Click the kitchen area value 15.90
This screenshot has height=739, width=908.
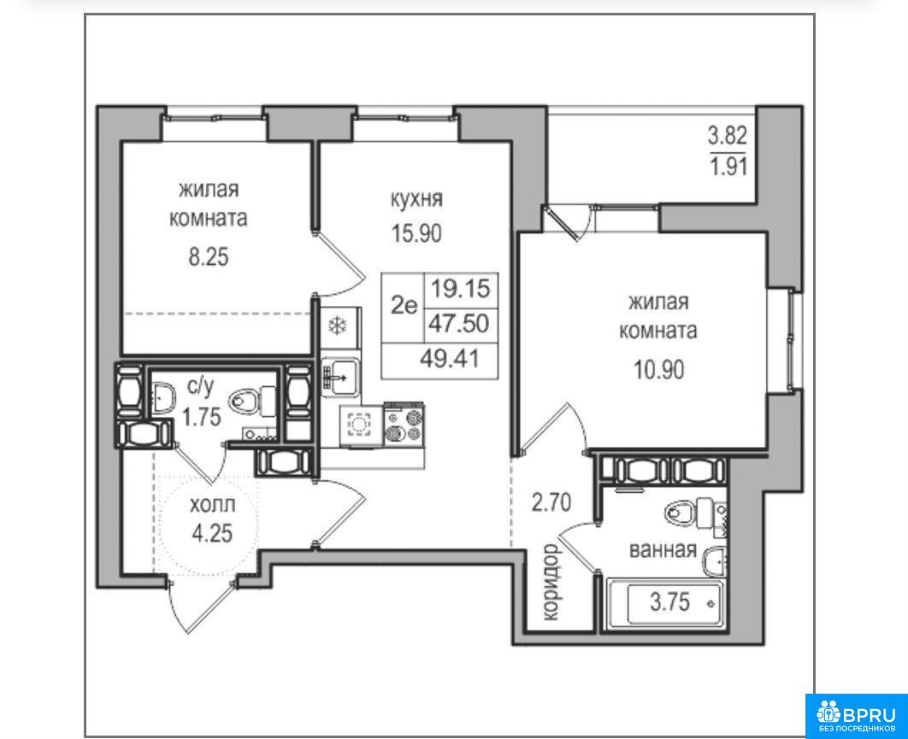(x=416, y=233)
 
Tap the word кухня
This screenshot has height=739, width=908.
(x=416, y=199)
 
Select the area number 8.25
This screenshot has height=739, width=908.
(x=209, y=256)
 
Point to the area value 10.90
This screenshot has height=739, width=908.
(x=658, y=368)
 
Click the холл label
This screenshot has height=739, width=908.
(x=213, y=506)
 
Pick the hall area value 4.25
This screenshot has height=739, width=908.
(x=213, y=533)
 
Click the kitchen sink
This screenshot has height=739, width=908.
(x=341, y=377)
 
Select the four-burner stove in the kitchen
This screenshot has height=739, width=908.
(x=404, y=425)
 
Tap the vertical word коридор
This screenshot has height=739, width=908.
(x=551, y=582)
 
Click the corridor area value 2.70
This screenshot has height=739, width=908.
(x=551, y=501)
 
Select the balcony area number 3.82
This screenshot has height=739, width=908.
(x=728, y=137)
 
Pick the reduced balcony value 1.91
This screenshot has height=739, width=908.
(x=728, y=167)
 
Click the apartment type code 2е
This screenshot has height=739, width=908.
(x=404, y=305)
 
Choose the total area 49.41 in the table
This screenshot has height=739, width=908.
(x=450, y=359)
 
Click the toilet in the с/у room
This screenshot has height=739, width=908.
(x=253, y=401)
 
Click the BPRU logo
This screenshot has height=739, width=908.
(x=857, y=716)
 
